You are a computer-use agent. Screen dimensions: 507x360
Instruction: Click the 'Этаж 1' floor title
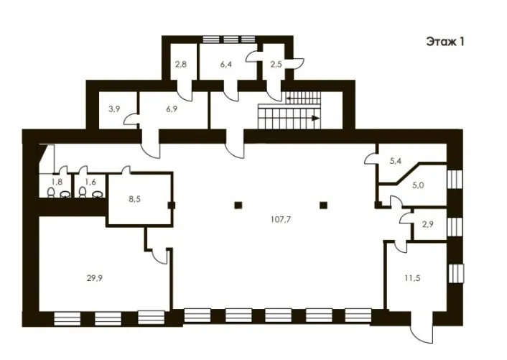tap(445, 42)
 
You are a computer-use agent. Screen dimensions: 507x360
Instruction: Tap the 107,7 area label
tap(281, 220)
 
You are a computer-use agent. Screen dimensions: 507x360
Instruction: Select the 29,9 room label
tap(94, 278)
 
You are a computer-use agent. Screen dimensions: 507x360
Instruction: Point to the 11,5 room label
tap(412, 278)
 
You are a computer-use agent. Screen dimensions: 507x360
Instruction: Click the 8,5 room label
tap(134, 199)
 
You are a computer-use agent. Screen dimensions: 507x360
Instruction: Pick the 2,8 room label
tap(181, 64)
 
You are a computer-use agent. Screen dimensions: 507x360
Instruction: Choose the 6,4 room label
tap(225, 64)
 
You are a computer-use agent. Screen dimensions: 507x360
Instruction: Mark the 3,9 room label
tap(114, 109)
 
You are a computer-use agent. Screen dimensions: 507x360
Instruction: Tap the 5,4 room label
tap(396, 161)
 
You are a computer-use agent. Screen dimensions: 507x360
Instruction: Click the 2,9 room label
tap(427, 224)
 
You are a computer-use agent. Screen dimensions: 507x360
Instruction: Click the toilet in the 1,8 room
tap(51, 192)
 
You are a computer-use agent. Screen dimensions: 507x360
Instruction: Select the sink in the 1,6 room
tap(97, 194)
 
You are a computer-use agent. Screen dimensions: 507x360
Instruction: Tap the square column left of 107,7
tap(238, 205)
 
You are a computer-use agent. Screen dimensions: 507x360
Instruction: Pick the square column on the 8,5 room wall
tap(172, 205)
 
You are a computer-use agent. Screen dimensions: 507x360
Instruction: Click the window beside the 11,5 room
tap(456, 274)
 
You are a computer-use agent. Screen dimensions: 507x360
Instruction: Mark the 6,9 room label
tap(172, 109)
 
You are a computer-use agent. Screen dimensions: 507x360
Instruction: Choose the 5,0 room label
tap(418, 185)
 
